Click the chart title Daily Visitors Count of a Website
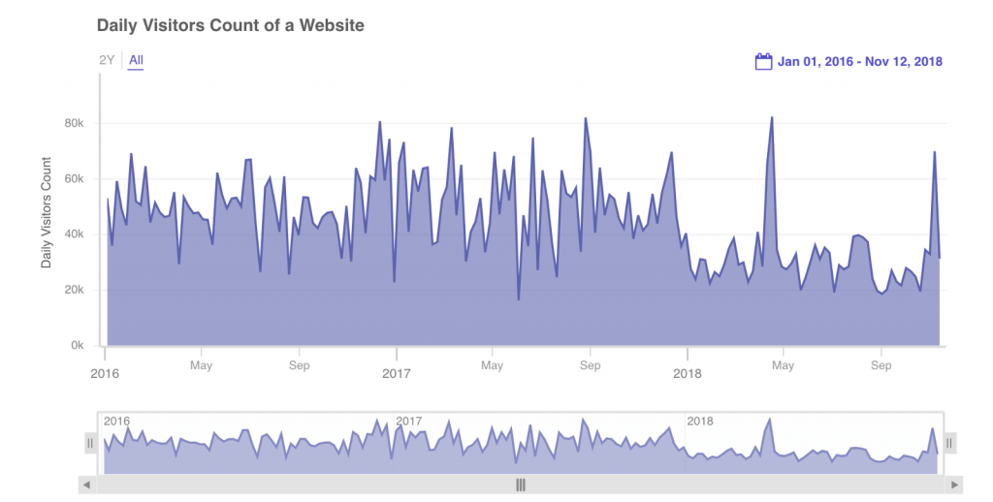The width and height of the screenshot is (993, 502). [231, 25]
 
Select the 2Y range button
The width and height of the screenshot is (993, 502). [107, 60]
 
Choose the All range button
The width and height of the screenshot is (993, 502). [136, 60]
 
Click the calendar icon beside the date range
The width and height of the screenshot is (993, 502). [763, 61]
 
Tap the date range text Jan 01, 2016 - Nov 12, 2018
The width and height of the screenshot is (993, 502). [860, 62]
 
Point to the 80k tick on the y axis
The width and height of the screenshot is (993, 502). [76, 124]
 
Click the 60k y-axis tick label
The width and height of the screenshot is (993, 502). [76, 179]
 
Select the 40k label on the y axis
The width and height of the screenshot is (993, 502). [76, 235]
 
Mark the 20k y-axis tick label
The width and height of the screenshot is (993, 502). [76, 290]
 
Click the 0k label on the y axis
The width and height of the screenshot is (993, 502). [79, 345]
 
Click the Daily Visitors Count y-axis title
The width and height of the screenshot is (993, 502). [46, 212]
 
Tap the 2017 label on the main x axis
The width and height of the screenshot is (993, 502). [397, 373]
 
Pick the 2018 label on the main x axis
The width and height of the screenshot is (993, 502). [688, 373]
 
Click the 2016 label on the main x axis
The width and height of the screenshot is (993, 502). [105, 373]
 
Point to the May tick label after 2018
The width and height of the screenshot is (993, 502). [784, 366]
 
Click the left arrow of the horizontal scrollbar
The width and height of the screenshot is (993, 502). [86, 485]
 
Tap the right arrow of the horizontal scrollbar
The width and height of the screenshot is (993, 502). [955, 485]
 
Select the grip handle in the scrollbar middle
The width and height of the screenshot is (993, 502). [521, 485]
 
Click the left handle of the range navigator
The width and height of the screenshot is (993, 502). [91, 443]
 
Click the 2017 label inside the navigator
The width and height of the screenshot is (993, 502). [409, 422]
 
